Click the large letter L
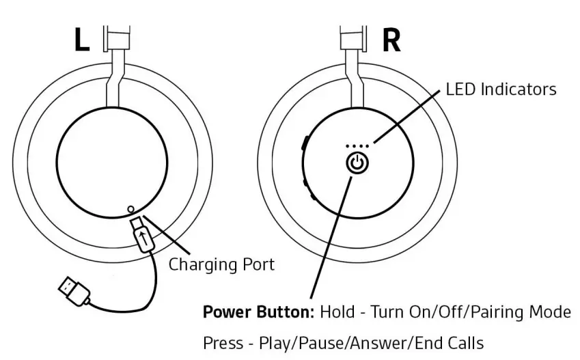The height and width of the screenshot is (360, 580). tap(81, 40)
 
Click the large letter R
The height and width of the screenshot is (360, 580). tap(391, 40)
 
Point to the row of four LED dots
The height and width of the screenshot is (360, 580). tap(358, 146)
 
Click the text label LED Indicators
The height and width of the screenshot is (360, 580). tap(501, 89)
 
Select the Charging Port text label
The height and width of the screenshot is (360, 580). tap(221, 264)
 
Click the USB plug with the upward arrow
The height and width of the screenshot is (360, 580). tap(143, 236)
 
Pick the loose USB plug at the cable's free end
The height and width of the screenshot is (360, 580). tap(73, 290)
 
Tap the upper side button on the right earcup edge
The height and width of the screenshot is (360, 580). tap(305, 144)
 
